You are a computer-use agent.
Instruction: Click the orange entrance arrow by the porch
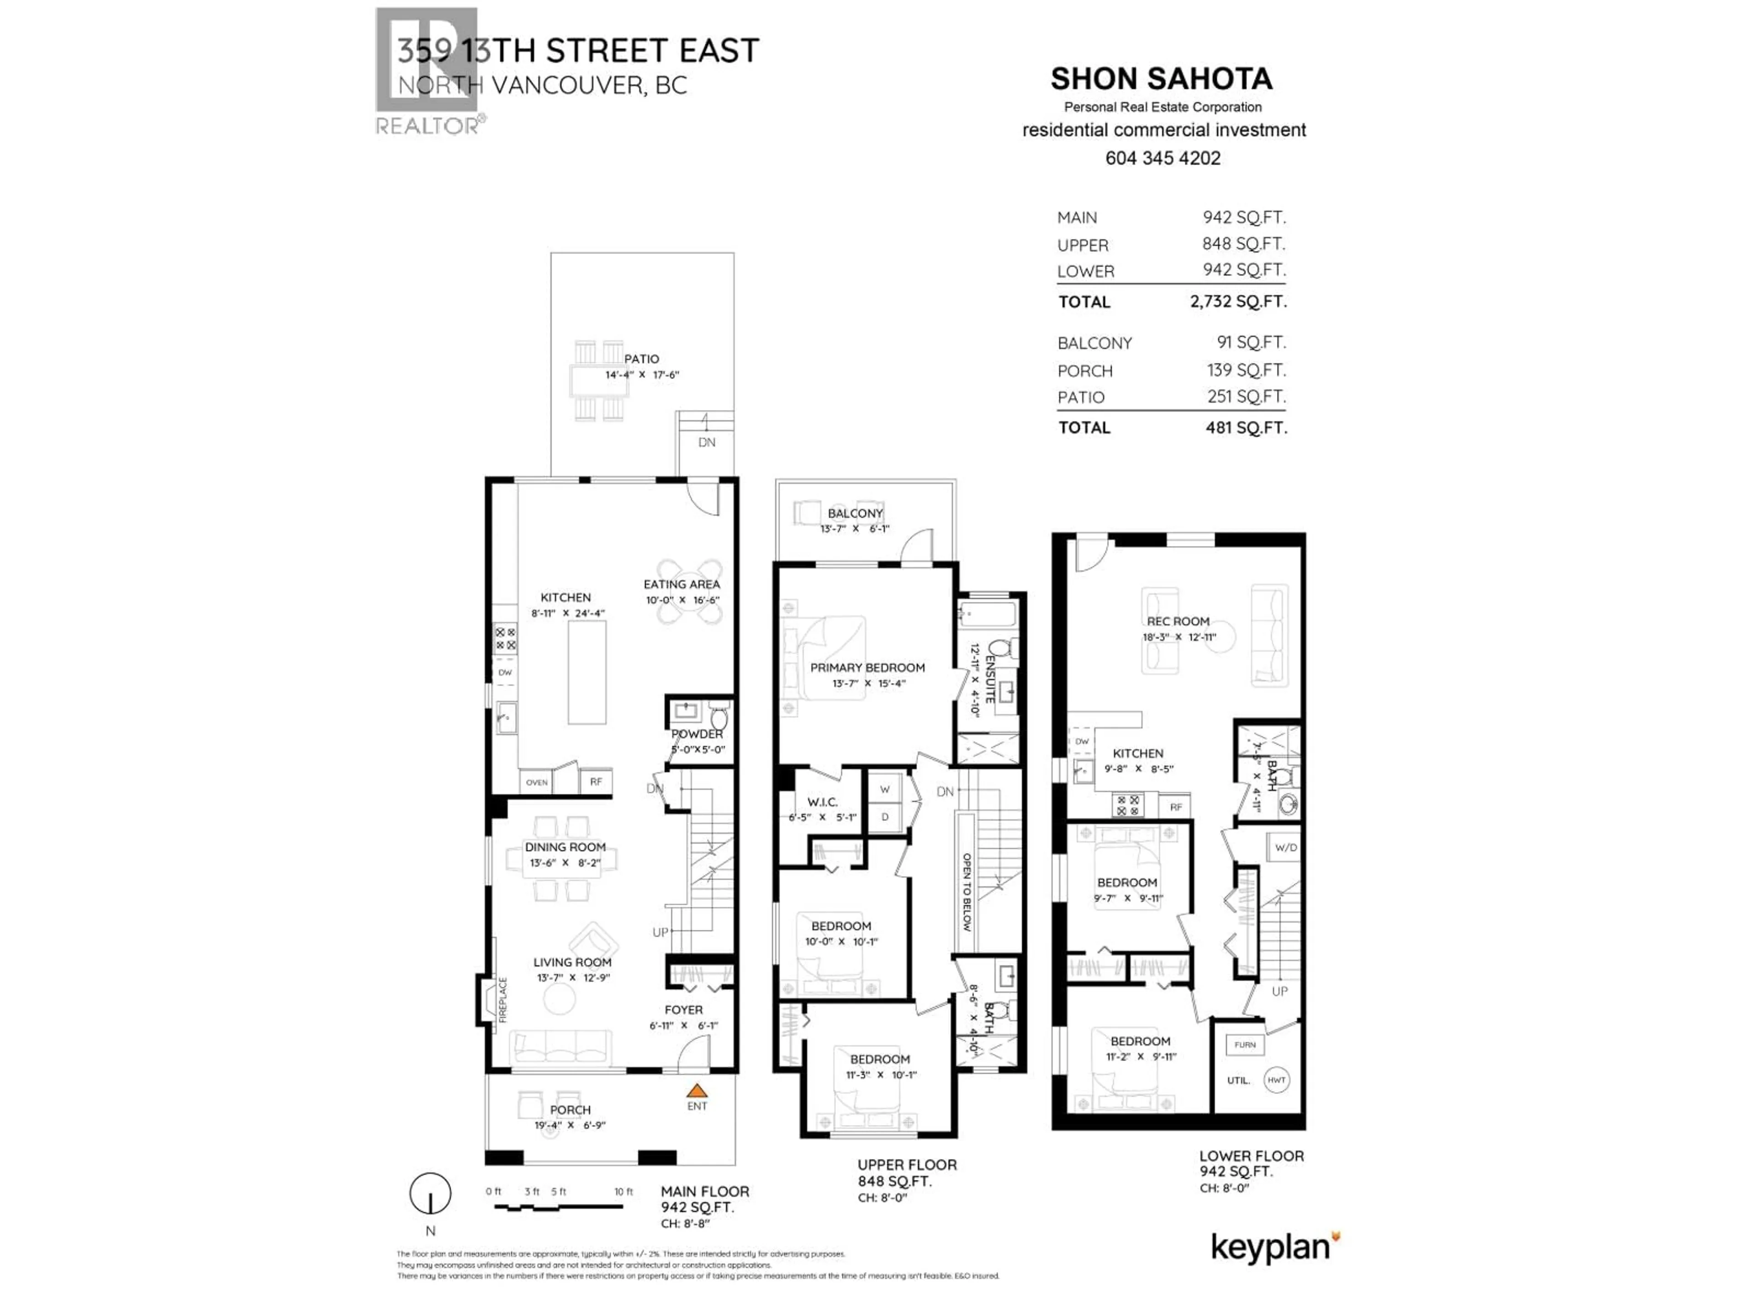696,1091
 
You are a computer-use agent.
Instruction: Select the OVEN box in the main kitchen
537,782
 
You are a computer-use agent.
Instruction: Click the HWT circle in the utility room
1276,1080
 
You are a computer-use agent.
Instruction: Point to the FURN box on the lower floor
1245,1045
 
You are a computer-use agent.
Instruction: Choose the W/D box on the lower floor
1285,847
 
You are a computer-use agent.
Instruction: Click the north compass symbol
430,1193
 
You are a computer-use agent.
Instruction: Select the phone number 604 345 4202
1162,158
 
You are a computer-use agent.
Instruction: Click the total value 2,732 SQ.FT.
1238,302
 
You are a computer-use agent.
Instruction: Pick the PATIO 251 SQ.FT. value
1246,397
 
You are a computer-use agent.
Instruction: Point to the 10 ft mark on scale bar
623,1191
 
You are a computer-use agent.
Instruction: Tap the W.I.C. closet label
822,802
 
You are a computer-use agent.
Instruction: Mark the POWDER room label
697,734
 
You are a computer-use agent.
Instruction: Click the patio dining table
599,381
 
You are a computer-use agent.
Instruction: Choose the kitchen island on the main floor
587,673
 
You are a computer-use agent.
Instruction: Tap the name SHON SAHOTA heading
1161,79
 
